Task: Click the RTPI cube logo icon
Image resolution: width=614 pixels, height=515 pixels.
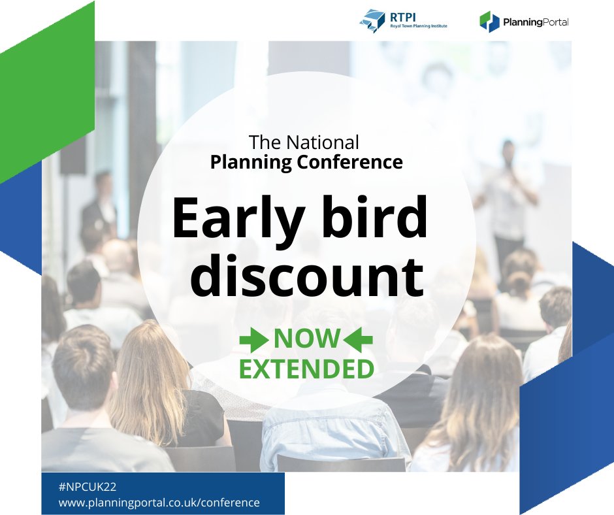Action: click(373, 20)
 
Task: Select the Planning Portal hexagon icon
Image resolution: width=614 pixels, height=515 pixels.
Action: click(489, 22)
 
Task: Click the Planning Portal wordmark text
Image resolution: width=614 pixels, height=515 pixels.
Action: click(536, 22)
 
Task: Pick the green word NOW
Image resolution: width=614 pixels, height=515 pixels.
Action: click(306, 339)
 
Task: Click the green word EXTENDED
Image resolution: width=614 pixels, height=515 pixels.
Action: click(306, 369)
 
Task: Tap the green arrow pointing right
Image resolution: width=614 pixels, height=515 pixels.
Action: click(254, 339)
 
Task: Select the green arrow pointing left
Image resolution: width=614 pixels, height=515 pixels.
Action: click(358, 339)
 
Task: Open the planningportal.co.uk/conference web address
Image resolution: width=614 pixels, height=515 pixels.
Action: click(159, 503)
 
